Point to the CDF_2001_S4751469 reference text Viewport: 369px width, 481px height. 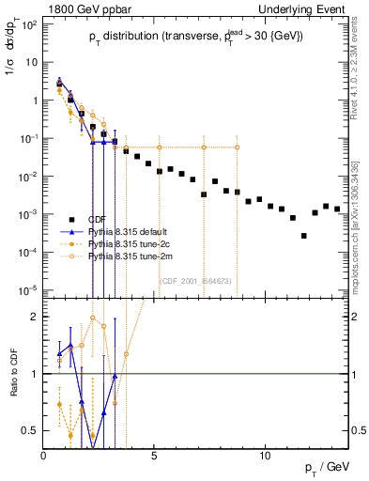tap(198, 280)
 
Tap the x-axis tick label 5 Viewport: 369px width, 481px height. tap(154, 455)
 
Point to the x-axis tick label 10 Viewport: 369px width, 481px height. tap(264, 455)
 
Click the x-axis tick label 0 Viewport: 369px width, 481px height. tap(43, 455)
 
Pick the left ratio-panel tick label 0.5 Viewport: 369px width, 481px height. tap(30, 430)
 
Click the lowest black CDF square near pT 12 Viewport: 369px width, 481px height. tap(303, 236)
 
